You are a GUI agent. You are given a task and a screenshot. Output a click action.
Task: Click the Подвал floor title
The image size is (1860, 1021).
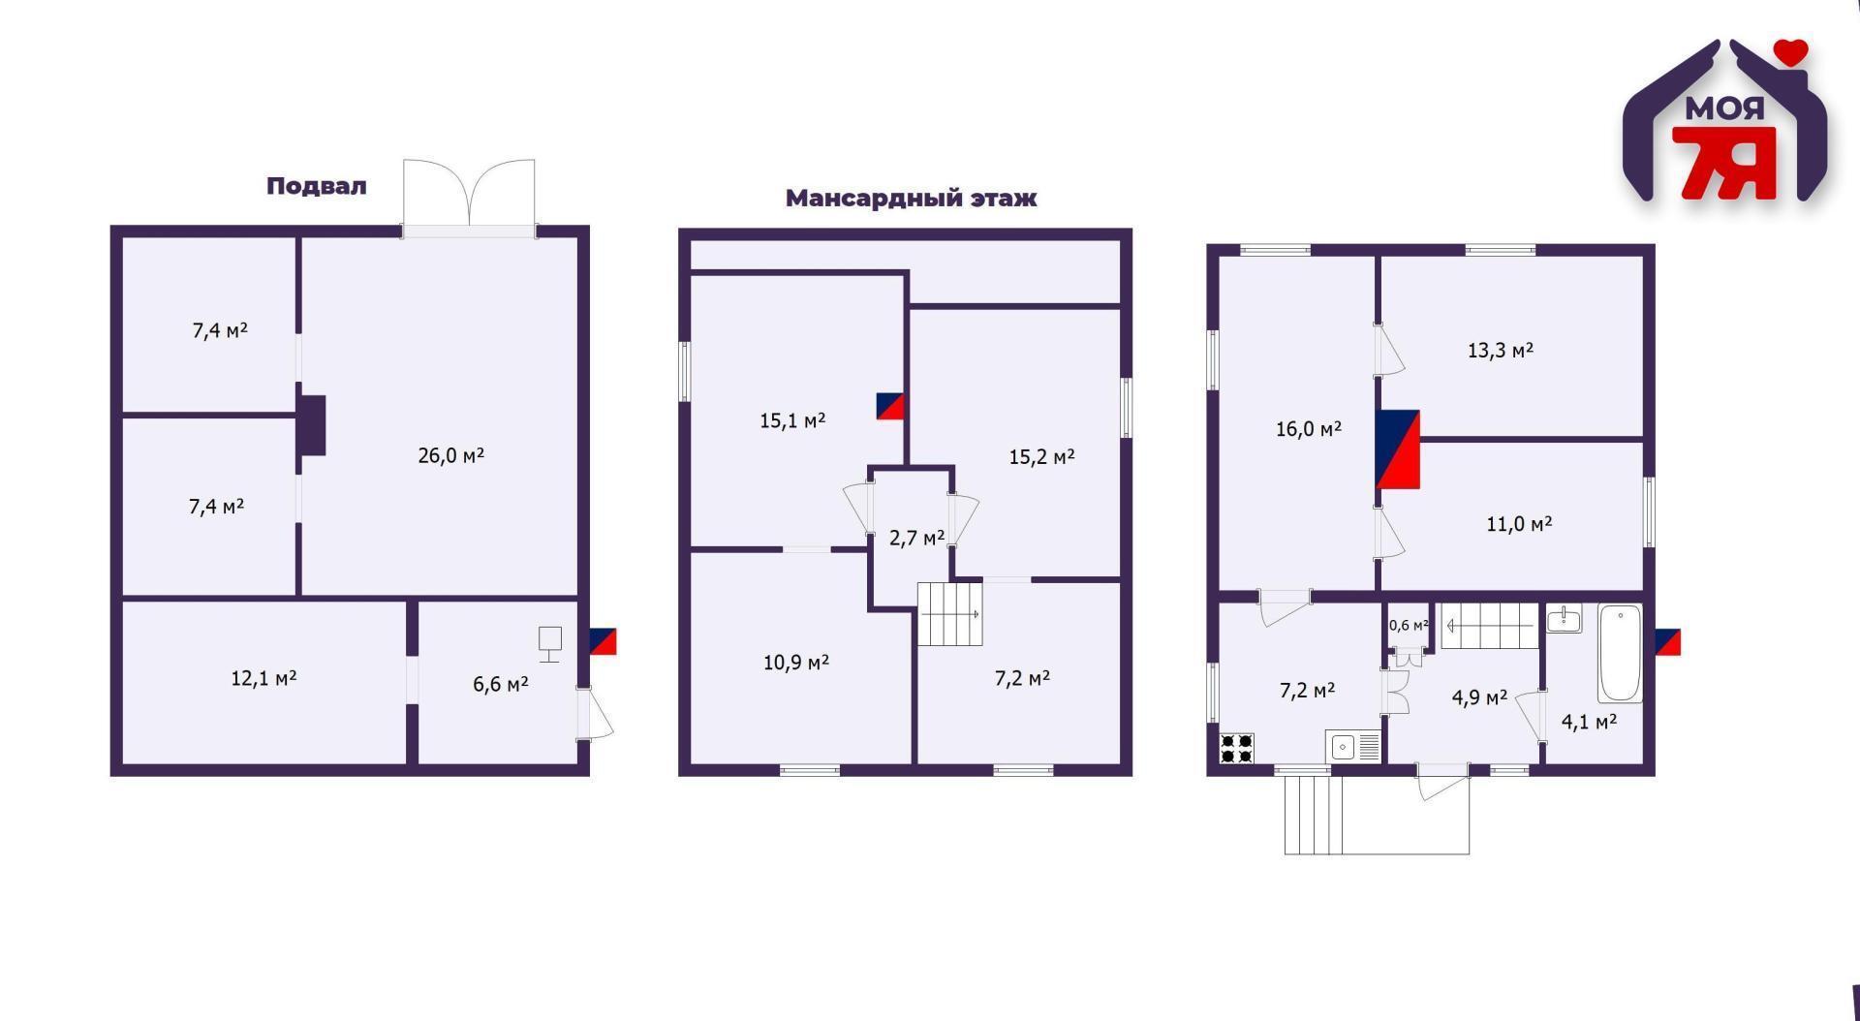coord(316,186)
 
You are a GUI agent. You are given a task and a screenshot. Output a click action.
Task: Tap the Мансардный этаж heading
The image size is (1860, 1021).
coord(910,199)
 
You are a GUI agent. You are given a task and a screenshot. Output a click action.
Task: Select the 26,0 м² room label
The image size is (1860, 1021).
coord(450,455)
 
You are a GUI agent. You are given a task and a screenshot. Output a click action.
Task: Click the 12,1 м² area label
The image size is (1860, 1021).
coord(263,678)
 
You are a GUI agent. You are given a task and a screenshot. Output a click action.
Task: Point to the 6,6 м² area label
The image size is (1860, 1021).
coord(500,684)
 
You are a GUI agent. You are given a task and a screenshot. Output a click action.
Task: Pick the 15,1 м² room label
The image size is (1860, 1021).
coord(791,420)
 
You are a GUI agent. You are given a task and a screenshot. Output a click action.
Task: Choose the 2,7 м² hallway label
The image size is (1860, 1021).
coord(916,538)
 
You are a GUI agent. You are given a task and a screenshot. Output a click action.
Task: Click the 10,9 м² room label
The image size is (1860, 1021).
coord(795,663)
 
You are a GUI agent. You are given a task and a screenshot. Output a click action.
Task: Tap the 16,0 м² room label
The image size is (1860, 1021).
coord(1308,428)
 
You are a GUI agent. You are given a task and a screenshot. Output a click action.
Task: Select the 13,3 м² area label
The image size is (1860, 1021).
coord(1500,350)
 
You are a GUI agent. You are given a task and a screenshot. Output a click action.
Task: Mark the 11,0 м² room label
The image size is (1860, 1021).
coord(1519,524)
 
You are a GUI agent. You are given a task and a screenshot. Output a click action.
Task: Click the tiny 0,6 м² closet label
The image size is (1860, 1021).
coord(1408,625)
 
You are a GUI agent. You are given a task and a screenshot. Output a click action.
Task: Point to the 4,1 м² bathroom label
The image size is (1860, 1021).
coord(1589,721)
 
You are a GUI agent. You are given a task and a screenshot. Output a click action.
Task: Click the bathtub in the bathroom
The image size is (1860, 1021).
coord(1620,654)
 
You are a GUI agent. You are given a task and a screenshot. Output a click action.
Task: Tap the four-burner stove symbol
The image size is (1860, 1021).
coord(1236,748)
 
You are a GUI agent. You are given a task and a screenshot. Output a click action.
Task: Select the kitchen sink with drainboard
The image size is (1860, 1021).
coord(1353,747)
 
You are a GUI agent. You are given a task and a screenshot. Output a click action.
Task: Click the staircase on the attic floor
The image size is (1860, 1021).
coord(949,613)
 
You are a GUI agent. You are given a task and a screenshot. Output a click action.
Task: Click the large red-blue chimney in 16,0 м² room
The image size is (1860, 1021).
coord(1397,449)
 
